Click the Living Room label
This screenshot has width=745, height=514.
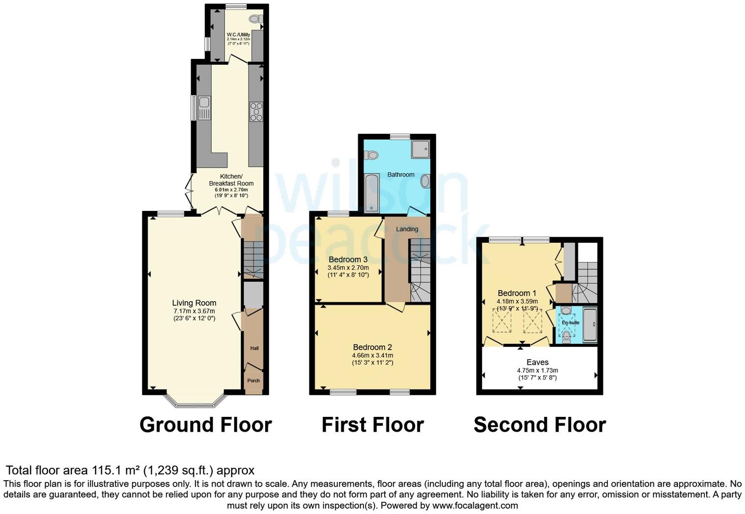pyautogui.click(x=194, y=303)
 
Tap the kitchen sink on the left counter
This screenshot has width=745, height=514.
pyautogui.click(x=204, y=108)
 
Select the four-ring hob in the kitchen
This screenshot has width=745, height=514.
pyautogui.click(x=256, y=111)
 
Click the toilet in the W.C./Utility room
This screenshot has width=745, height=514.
pyautogui.click(x=255, y=19)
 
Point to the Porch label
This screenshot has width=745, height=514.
pyautogui.click(x=253, y=381)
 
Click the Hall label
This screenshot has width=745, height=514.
pyautogui.click(x=254, y=348)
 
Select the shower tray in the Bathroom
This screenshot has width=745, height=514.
pyautogui.click(x=420, y=149)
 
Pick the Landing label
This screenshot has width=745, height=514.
pyautogui.click(x=407, y=229)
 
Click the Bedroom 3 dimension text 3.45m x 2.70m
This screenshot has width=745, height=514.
pyautogui.click(x=348, y=268)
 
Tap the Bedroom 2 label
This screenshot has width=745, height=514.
pyautogui.click(x=372, y=347)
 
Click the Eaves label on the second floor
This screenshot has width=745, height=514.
pyautogui.click(x=537, y=362)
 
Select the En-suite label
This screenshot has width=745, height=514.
pyautogui.click(x=571, y=323)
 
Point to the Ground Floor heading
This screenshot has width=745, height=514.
pyautogui.click(x=205, y=425)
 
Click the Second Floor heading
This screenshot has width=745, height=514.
pyautogui.click(x=540, y=425)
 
